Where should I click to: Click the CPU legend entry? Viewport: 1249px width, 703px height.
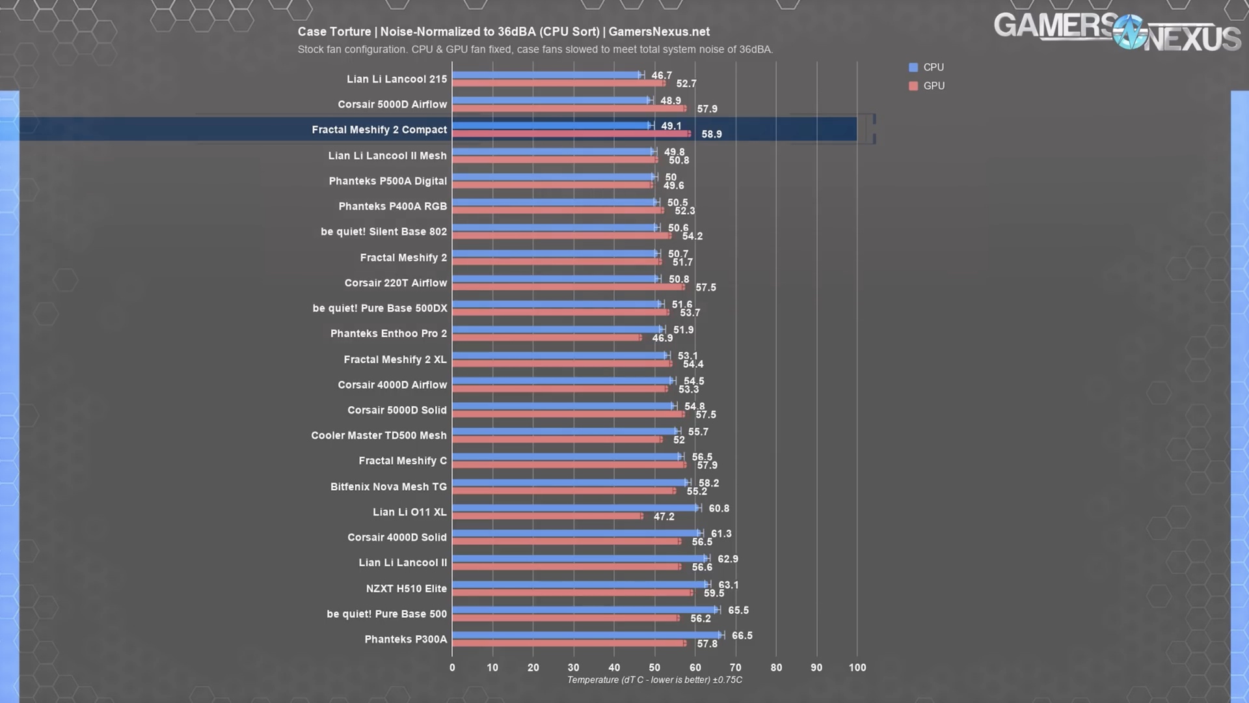926,67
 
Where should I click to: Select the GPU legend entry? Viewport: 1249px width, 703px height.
926,86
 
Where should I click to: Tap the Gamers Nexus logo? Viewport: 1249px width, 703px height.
1116,32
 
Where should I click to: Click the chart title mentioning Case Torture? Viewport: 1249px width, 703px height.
504,32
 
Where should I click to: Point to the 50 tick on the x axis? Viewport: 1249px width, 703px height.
654,667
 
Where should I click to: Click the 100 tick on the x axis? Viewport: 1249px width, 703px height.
857,667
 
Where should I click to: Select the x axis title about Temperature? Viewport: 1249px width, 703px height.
654,680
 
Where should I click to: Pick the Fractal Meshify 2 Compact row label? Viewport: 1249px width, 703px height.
379,130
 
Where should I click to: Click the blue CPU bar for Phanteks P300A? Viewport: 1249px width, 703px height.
585,635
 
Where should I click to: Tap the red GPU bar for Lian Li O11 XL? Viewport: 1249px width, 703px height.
546,516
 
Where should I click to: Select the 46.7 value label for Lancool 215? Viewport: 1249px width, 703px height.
662,76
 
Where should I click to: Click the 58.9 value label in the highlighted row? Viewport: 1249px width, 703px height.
712,134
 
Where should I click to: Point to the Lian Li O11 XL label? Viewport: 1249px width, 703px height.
410,512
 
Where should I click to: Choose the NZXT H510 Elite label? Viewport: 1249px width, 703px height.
407,588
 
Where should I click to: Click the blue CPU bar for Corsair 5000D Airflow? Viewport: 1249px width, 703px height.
550,100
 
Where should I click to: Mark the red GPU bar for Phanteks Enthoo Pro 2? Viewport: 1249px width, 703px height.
546,338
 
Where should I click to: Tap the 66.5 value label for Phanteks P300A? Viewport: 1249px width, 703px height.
742,635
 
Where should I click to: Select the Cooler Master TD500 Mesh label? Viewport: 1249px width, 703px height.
379,435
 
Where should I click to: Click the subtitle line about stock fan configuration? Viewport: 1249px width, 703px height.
535,49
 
